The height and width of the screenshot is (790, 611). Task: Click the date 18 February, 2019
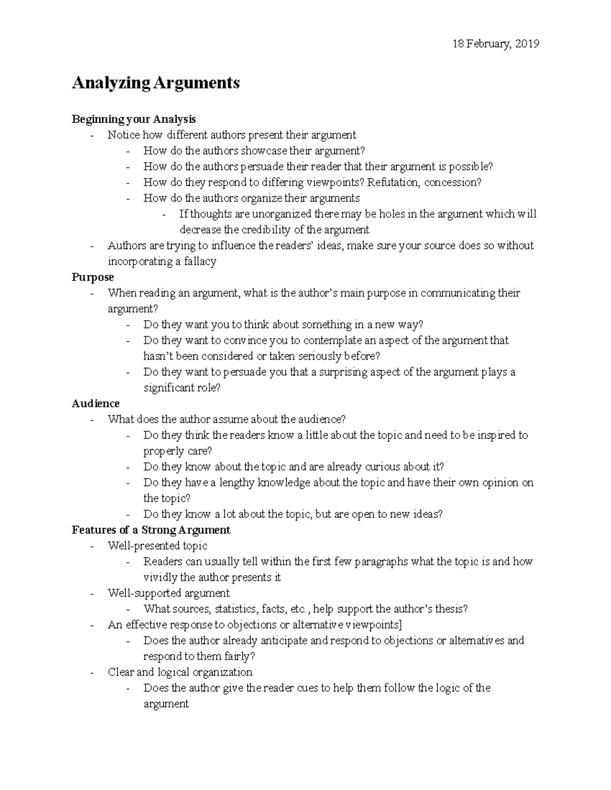click(x=495, y=44)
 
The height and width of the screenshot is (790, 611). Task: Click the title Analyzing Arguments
click(x=155, y=82)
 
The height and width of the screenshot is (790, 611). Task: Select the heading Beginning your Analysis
click(x=133, y=119)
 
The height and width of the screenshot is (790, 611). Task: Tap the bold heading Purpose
click(x=93, y=277)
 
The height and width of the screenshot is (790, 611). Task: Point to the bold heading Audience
click(x=96, y=403)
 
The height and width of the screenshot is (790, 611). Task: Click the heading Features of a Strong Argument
click(x=151, y=530)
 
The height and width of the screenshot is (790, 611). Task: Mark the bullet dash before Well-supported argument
click(x=92, y=594)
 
